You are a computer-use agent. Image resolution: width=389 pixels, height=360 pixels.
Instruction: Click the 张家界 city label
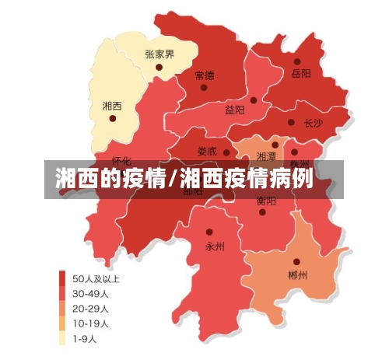[159, 54]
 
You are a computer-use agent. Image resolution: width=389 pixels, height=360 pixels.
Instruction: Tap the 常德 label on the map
[205, 76]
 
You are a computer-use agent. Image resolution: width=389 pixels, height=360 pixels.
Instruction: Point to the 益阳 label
[235, 110]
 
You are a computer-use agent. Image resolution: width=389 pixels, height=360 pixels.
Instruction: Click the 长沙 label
[313, 123]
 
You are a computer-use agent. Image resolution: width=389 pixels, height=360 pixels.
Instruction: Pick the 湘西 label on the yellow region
[112, 105]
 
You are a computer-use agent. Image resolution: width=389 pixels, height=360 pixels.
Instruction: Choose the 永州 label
[214, 246]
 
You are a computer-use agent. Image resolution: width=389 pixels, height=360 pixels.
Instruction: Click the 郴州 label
[297, 275]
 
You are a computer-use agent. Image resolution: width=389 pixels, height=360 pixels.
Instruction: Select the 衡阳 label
[265, 200]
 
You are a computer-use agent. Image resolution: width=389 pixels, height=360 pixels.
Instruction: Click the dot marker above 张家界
[159, 68]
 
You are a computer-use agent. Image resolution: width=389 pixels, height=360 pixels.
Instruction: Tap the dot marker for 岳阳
[297, 61]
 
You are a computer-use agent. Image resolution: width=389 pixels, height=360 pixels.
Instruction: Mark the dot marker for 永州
[209, 232]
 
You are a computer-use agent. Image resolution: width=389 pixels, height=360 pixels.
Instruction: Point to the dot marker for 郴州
[296, 262]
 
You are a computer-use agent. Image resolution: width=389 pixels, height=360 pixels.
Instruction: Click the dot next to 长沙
[291, 123]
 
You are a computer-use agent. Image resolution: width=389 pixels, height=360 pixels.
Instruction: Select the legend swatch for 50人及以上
[61, 278]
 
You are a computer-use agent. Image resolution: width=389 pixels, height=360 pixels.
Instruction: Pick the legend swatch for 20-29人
[61, 308]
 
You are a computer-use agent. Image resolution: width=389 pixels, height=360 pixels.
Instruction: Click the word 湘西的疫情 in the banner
[110, 180]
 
